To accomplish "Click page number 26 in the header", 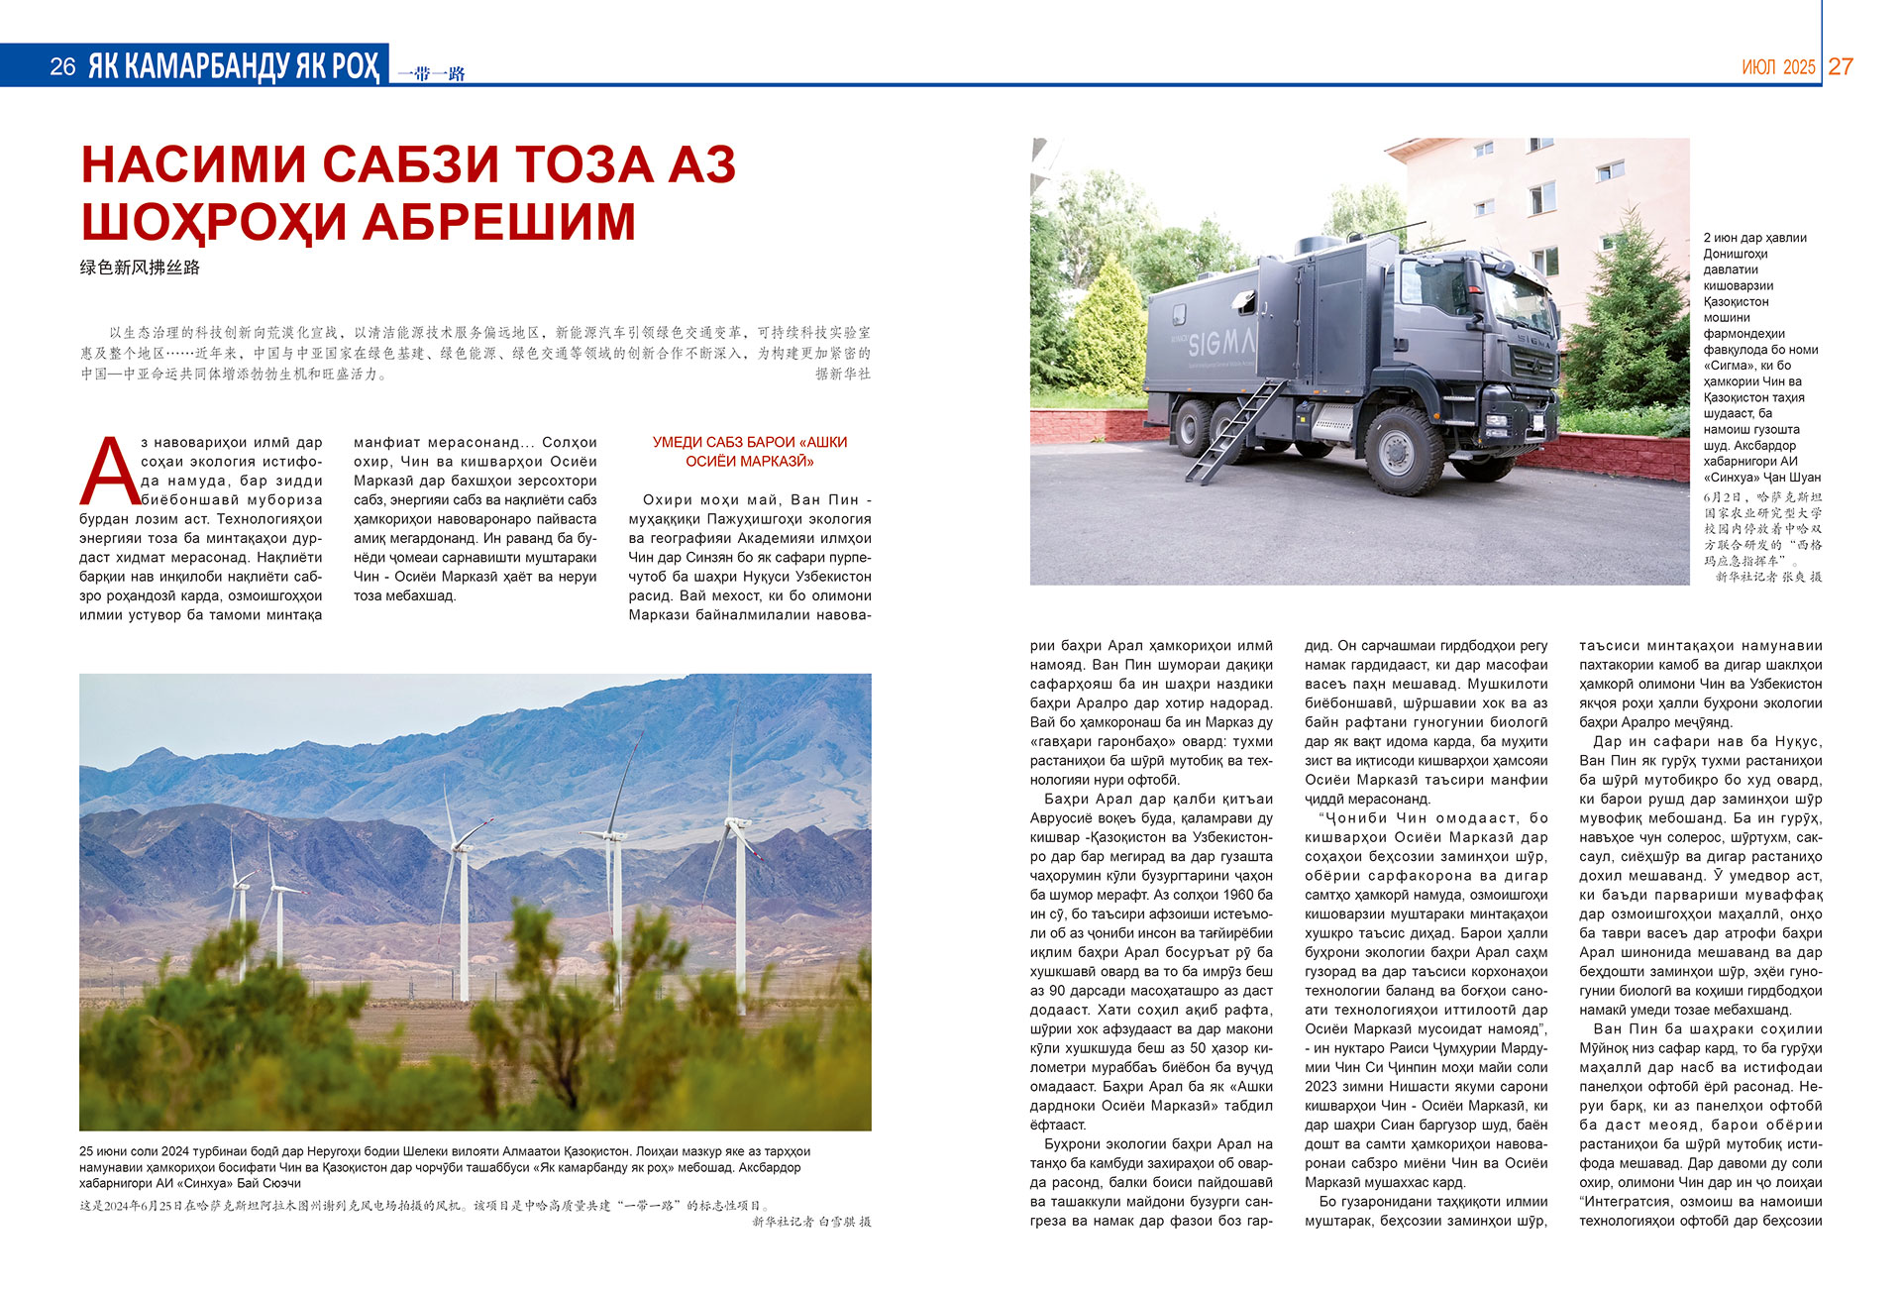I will (62, 66).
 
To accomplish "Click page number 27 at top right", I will (1841, 66).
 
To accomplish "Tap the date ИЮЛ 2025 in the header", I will (1778, 67).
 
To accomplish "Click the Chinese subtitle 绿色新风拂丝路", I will (140, 268).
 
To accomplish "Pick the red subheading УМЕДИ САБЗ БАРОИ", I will (750, 442).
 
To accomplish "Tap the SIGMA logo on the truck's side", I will (1221, 343).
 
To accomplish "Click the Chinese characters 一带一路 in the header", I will (431, 73).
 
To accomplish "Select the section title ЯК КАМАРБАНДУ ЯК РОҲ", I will (234, 66).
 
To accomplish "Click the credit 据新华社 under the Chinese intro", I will (843, 374).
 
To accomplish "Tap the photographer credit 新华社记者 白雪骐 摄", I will (811, 1222).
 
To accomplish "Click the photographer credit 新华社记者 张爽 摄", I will (1768, 576).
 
